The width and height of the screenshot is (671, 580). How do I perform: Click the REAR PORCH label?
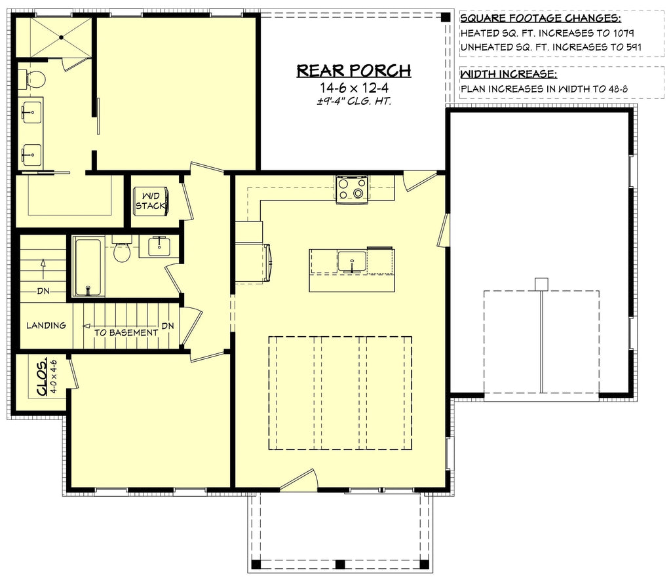pyautogui.click(x=354, y=70)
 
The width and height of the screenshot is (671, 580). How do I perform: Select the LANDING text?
pyautogui.click(x=46, y=325)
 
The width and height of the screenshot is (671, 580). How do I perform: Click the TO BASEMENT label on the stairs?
pyautogui.click(x=126, y=332)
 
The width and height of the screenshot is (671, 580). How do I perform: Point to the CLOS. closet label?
pyautogui.click(x=42, y=378)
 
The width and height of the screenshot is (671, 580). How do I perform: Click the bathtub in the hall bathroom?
pyautogui.click(x=87, y=267)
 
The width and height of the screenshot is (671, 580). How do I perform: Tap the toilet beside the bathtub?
pyautogui.click(x=122, y=251)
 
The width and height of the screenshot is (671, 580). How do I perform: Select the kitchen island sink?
pyautogui.click(x=353, y=261)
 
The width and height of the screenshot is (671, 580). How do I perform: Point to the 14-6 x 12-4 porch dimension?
pyautogui.click(x=354, y=87)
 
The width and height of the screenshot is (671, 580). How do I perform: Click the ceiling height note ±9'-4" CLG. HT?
pyautogui.click(x=354, y=101)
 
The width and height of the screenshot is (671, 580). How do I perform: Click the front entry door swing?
pyautogui.click(x=299, y=480)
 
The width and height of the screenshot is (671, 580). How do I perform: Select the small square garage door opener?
pyautogui.click(x=541, y=284)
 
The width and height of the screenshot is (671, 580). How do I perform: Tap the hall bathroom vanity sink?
pyautogui.click(x=158, y=246)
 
